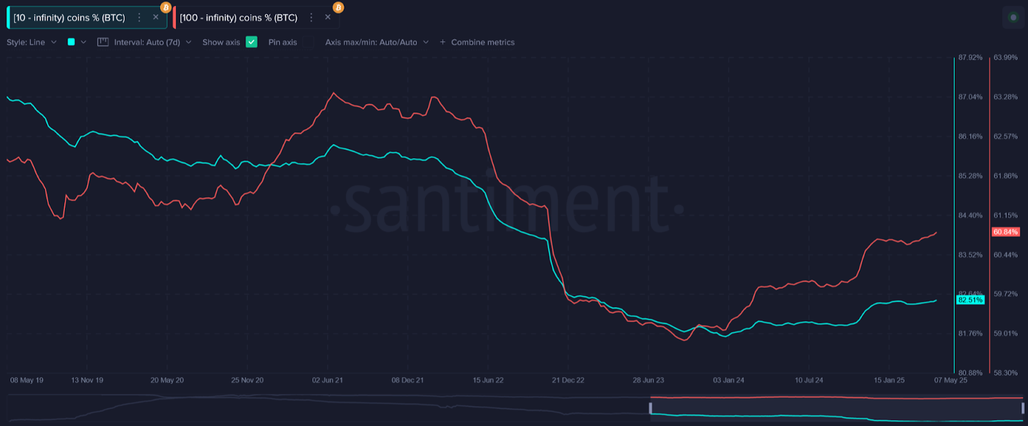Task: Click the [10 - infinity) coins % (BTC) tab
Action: [x=69, y=18]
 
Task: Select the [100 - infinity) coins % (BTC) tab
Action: [x=238, y=18]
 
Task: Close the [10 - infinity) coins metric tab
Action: [x=155, y=17]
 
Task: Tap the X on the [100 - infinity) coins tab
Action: [x=328, y=17]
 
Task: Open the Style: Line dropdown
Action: [x=31, y=42]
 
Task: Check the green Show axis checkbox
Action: [x=251, y=42]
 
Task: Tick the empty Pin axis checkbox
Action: [x=308, y=42]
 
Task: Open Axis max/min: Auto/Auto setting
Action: [x=377, y=42]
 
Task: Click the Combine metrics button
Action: [x=477, y=42]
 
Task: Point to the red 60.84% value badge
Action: [x=1006, y=232]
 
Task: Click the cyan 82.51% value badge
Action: [x=970, y=300]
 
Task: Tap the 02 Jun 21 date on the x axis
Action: [x=327, y=380]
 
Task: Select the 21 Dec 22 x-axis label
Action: [x=568, y=380]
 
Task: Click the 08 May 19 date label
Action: [x=27, y=380]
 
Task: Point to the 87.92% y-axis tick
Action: [x=970, y=58]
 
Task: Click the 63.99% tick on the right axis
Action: [x=1006, y=58]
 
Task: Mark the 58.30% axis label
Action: [x=1006, y=373]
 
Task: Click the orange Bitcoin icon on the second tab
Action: [x=338, y=8]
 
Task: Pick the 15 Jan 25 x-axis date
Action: [x=889, y=380]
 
